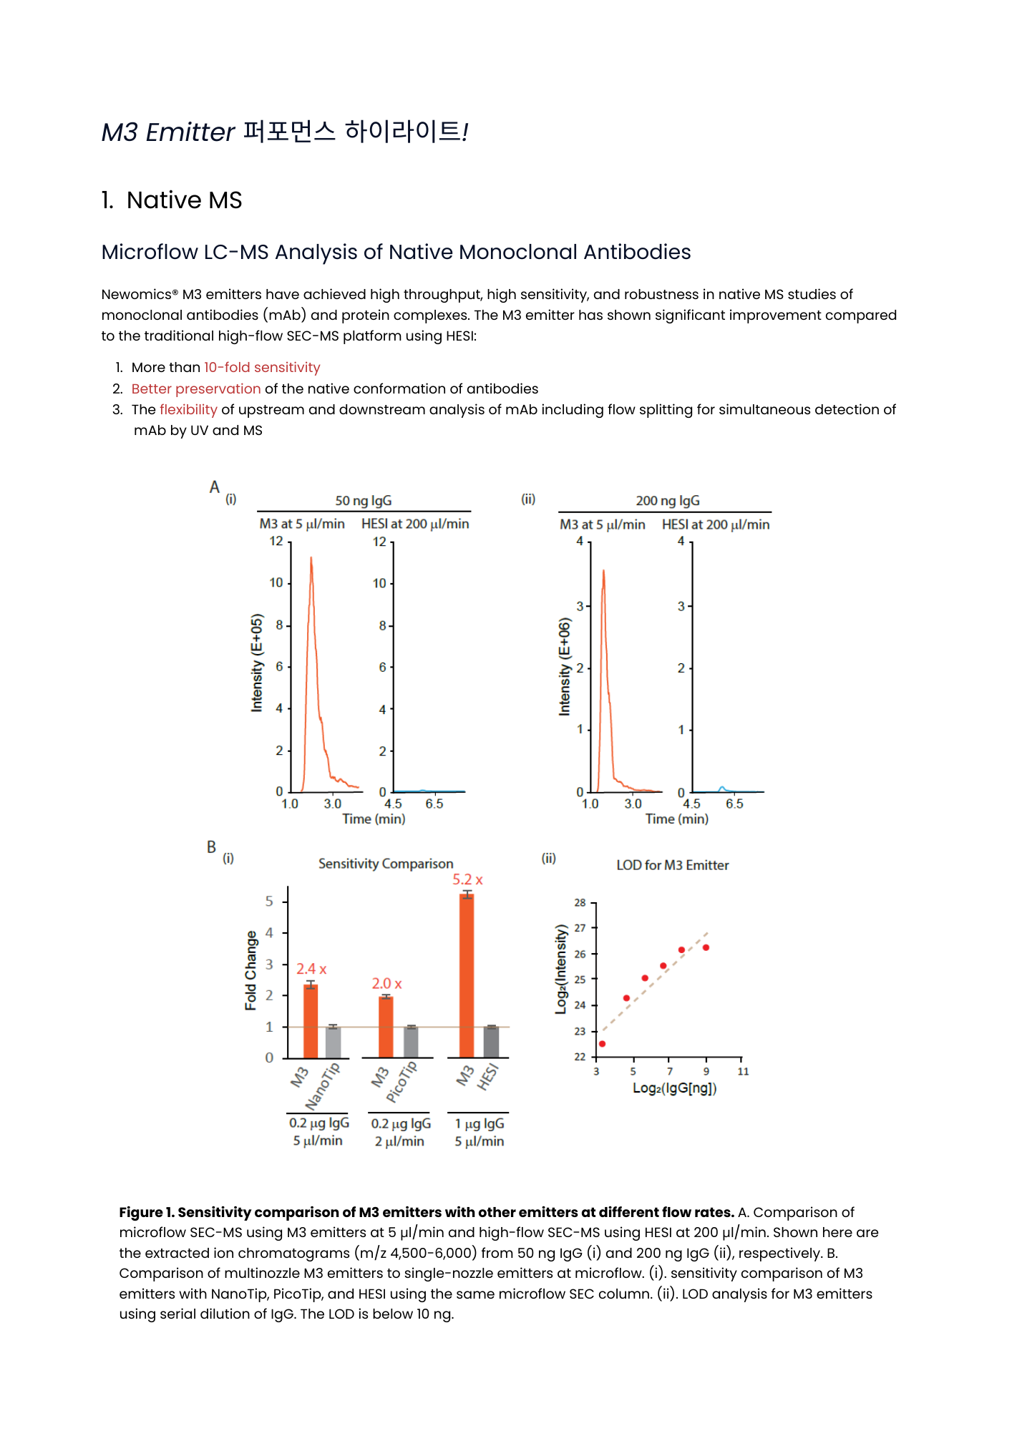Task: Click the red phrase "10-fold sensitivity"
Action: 262,368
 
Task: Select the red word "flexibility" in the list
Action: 188,410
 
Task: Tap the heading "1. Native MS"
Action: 172,200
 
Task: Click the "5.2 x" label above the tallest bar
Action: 467,880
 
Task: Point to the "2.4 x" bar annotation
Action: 311,970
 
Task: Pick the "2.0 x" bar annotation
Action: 386,985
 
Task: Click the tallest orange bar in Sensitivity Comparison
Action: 467,977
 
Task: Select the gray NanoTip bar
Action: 334,1042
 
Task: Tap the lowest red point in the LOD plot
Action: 602,1044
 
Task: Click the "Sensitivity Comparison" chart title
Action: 386,864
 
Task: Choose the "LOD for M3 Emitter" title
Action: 673,866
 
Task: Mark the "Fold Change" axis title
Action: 250,971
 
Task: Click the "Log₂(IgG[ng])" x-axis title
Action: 674,1088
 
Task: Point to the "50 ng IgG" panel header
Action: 364,501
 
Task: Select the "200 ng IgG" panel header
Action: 668,501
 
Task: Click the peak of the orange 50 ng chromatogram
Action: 311,559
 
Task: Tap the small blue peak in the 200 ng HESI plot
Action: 722,788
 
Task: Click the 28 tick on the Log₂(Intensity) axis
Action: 580,903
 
